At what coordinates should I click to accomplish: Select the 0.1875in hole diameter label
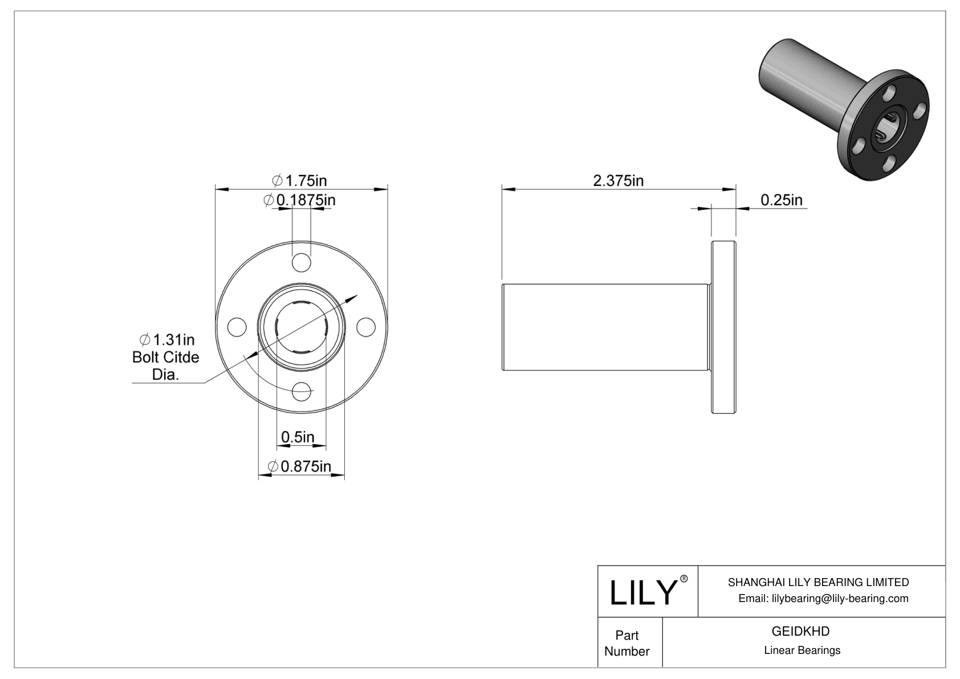pyautogui.click(x=300, y=200)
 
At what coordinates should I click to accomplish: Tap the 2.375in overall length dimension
pyautogui.click(x=618, y=181)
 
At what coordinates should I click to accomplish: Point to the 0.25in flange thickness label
pyautogui.click(x=781, y=200)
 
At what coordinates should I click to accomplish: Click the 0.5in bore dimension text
pyautogui.click(x=298, y=437)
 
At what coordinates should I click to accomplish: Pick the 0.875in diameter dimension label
pyautogui.click(x=300, y=466)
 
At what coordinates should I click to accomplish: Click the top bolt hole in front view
pyautogui.click(x=302, y=263)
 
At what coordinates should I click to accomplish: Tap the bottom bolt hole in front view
pyautogui.click(x=302, y=392)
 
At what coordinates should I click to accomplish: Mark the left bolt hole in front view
pyautogui.click(x=237, y=327)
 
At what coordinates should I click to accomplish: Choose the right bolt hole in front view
pyautogui.click(x=366, y=327)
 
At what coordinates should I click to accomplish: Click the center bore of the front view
pyautogui.click(x=302, y=327)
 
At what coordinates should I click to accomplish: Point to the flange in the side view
pyautogui.click(x=723, y=327)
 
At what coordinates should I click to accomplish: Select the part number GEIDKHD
pyautogui.click(x=800, y=631)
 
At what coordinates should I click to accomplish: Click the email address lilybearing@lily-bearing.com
pyautogui.click(x=823, y=598)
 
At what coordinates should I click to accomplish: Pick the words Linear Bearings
pyautogui.click(x=802, y=650)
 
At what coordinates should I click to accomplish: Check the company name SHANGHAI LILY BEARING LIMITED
pyautogui.click(x=818, y=582)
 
